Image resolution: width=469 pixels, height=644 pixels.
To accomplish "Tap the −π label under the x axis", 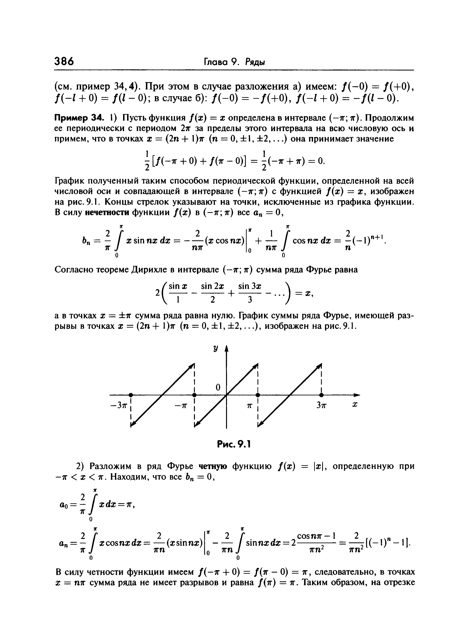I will coord(181,406).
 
